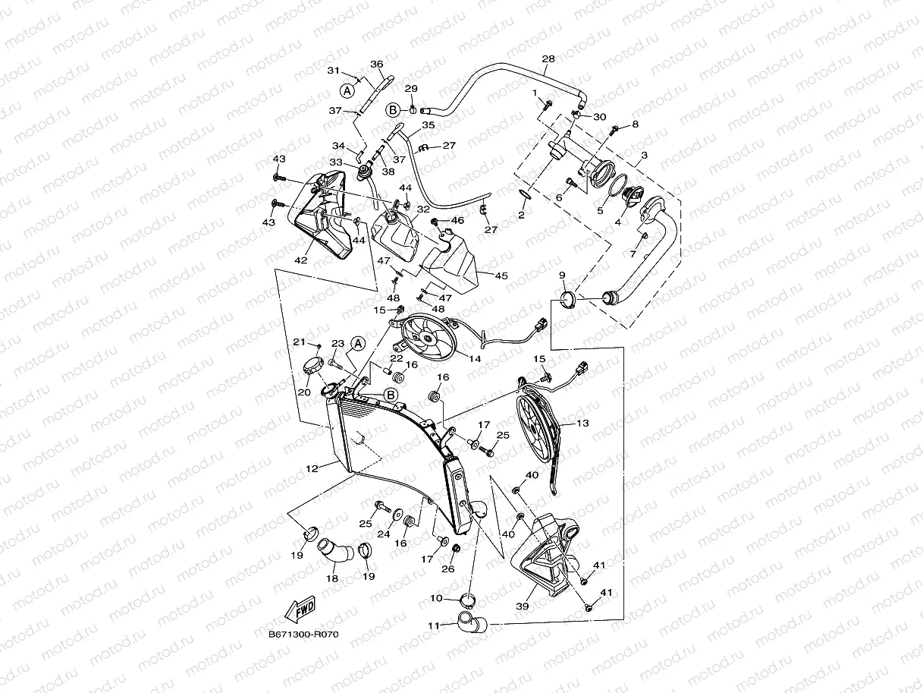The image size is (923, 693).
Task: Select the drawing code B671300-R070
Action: click(303, 635)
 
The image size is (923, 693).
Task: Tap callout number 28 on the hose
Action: click(548, 59)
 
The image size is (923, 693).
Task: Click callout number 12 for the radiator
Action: click(312, 469)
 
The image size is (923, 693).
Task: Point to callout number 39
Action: click(523, 606)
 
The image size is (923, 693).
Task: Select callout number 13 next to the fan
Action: click(583, 422)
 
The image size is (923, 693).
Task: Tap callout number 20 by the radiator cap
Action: click(304, 392)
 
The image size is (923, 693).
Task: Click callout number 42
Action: click(301, 260)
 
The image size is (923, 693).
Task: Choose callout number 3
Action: click(643, 155)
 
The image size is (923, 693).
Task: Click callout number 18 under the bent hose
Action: click(332, 578)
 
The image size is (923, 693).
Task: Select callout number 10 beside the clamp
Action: click(436, 598)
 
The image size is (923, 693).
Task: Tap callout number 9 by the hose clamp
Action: click(562, 275)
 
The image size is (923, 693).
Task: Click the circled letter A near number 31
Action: click(347, 90)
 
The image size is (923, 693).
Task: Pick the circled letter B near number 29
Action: click(394, 110)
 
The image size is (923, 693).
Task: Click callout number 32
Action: click(423, 209)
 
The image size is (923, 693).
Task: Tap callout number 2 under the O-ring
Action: click(521, 216)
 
